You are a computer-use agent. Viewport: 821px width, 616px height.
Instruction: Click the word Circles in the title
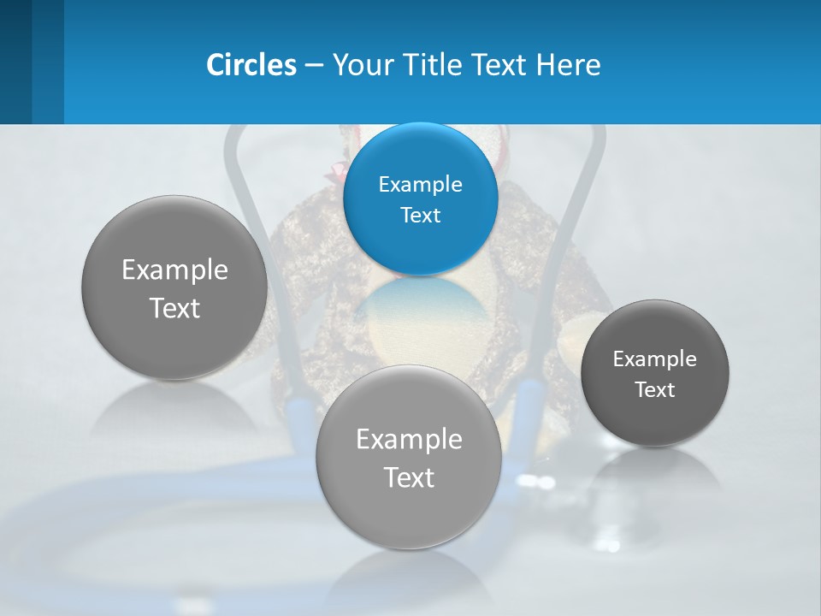[x=251, y=65]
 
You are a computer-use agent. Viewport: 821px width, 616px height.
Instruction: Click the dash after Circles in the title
[x=314, y=66]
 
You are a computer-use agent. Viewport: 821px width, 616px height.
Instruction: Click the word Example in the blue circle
[x=420, y=184]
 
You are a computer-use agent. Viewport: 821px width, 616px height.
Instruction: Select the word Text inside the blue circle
[x=420, y=215]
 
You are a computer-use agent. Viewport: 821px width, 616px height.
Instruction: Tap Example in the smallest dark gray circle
[x=654, y=359]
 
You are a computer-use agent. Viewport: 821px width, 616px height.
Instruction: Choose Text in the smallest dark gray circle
[x=654, y=390]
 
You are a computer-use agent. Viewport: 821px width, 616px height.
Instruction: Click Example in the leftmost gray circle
[x=174, y=270]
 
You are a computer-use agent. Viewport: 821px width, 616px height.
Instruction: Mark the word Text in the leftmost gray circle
[x=174, y=308]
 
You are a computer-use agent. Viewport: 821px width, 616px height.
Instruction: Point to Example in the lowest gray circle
[x=409, y=440]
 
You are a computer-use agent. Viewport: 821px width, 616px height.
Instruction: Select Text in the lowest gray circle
[x=409, y=477]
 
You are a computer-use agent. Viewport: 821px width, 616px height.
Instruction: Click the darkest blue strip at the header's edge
[x=15, y=62]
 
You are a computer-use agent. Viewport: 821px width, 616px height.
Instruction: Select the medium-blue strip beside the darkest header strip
[x=48, y=62]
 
